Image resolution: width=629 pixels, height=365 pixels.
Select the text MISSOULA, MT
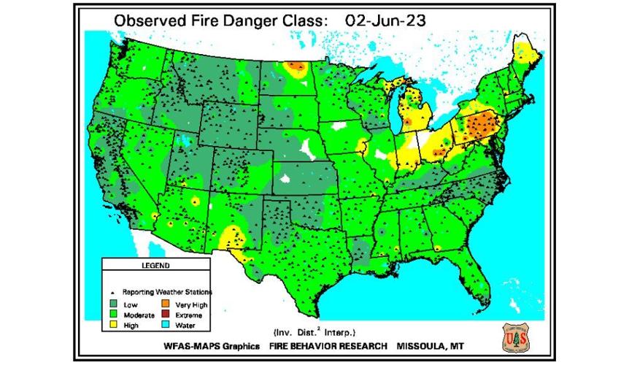tap(436, 345)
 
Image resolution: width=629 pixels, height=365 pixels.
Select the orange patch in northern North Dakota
tap(296, 67)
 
